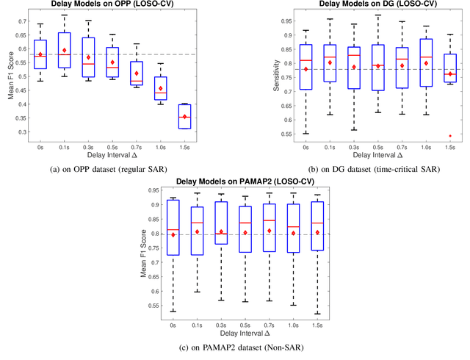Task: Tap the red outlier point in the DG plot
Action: [x=430, y=135]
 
